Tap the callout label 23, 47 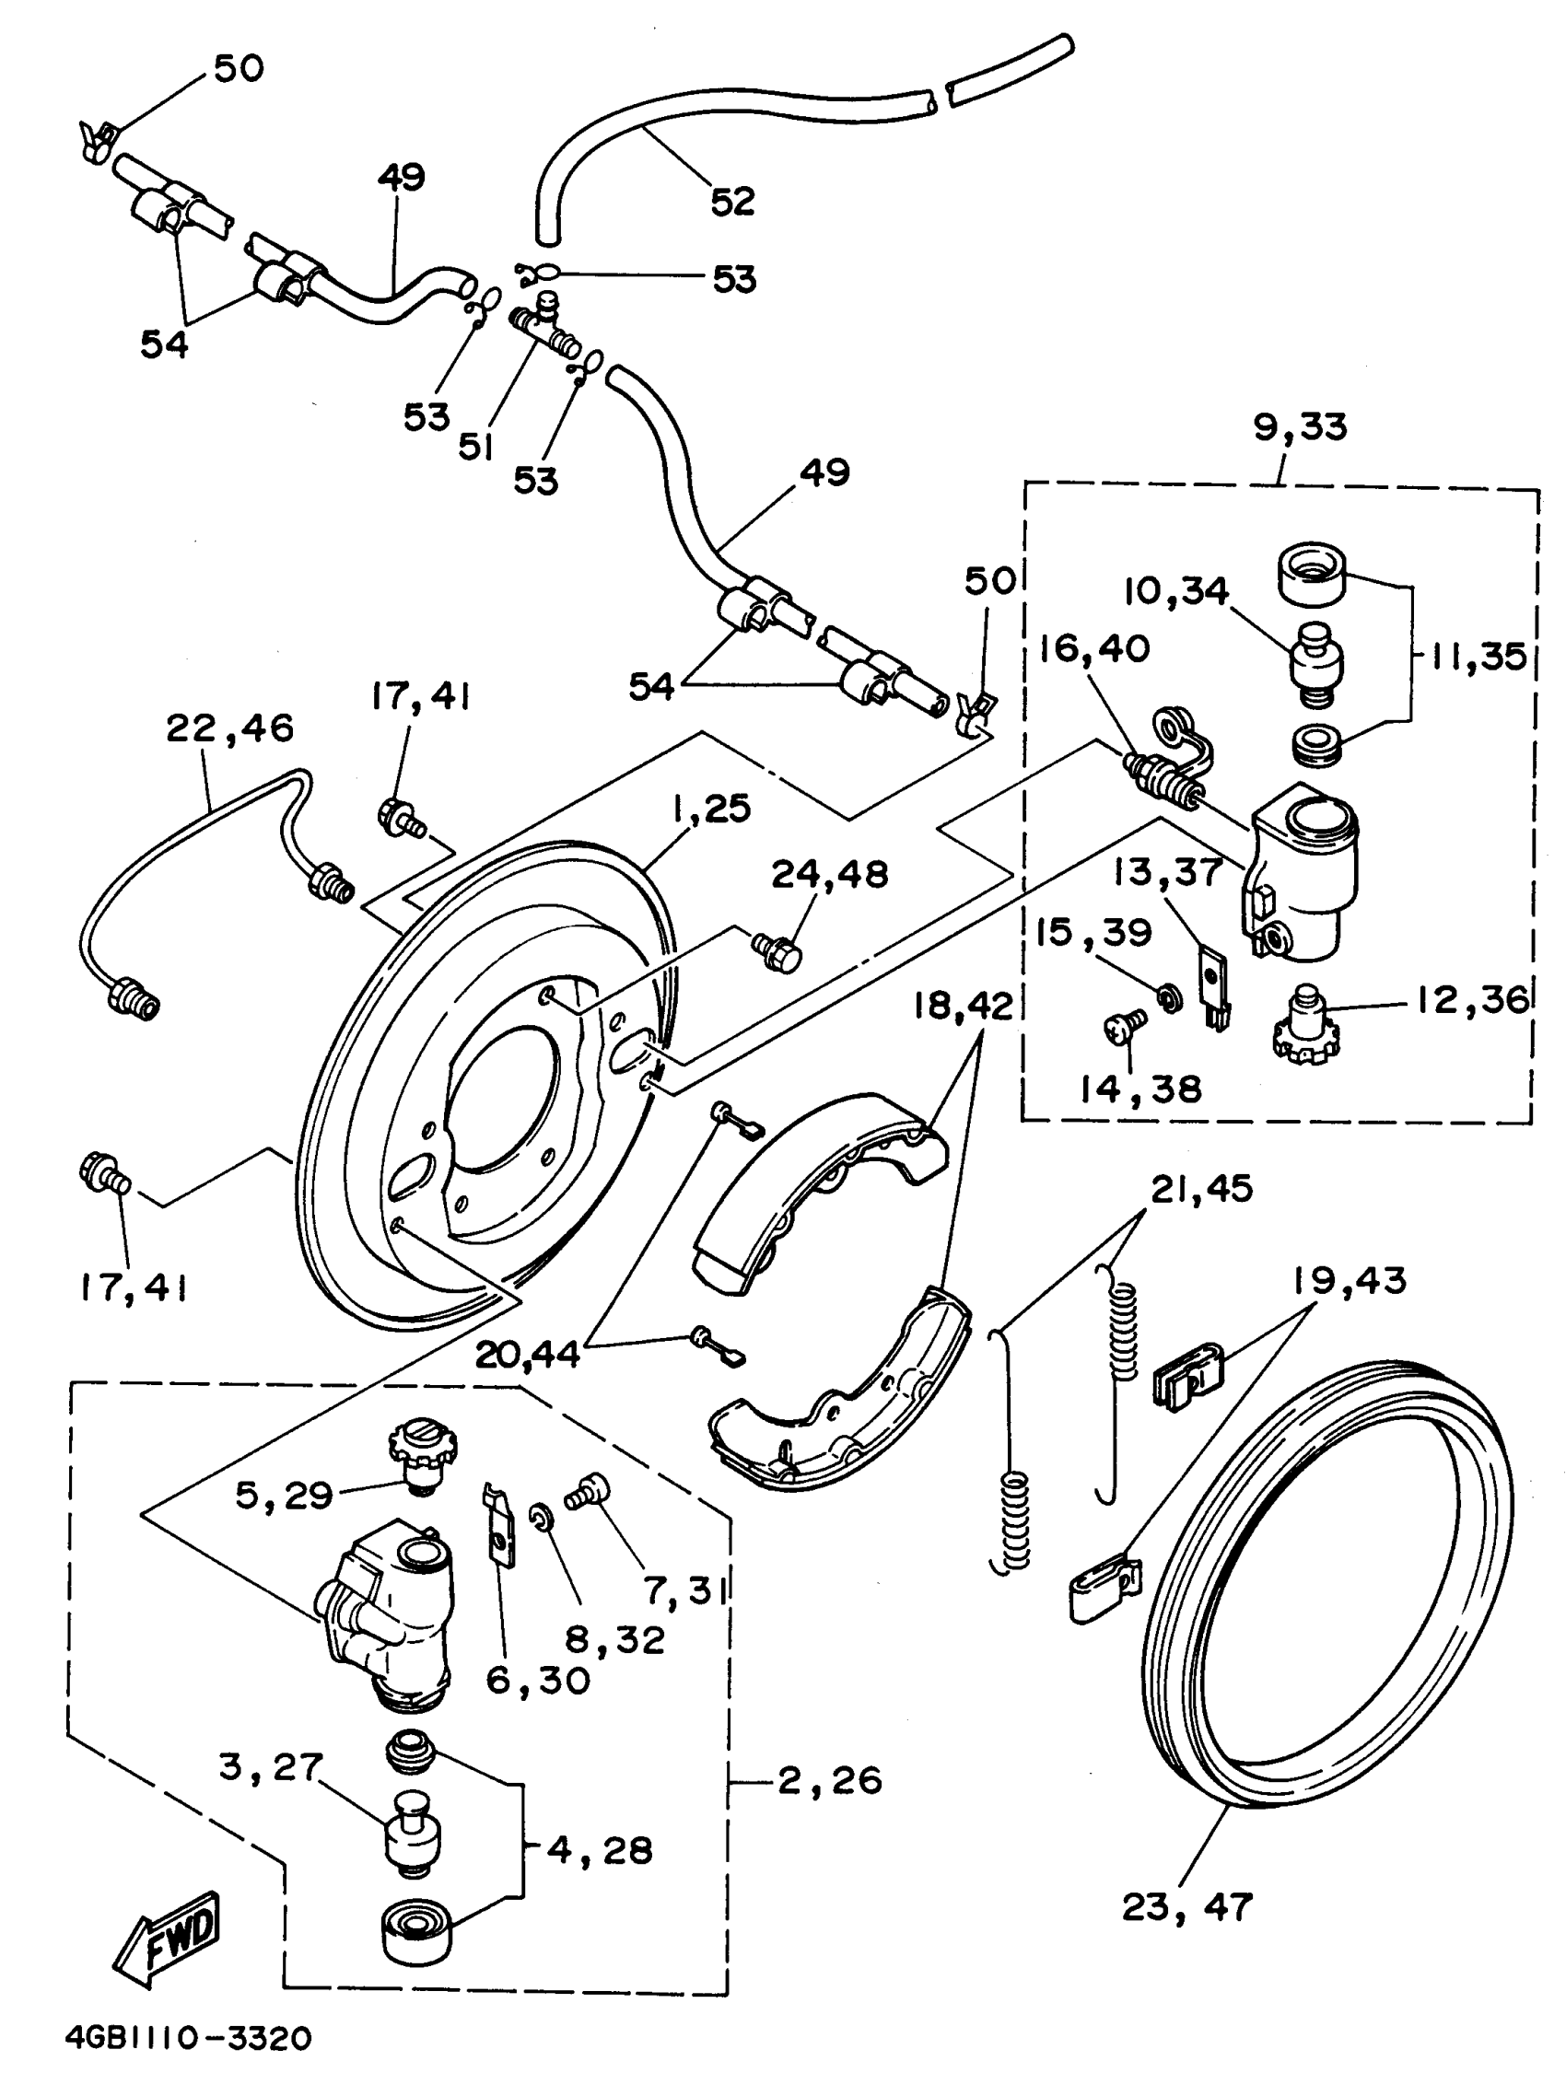1186,1906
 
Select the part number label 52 733,201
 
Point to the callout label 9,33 1300,426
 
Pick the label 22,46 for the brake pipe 229,728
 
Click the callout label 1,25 709,809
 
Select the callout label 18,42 964,1007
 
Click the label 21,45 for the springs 1201,1188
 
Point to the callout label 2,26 830,1779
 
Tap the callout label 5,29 284,1496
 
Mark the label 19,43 1350,1280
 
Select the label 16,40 1094,648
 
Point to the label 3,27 270,1766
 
